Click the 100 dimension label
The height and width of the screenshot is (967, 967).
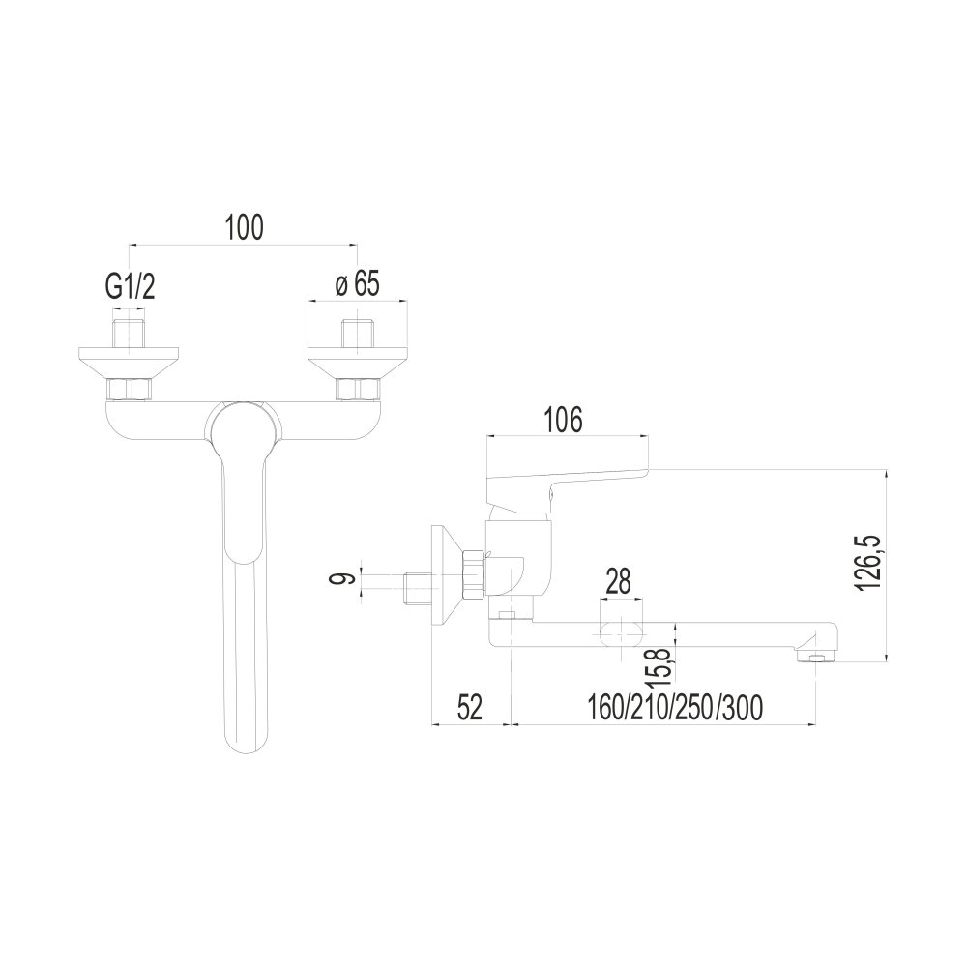pos(244,227)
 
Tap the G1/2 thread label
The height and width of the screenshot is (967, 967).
pos(131,286)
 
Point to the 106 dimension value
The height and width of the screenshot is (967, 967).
pos(562,421)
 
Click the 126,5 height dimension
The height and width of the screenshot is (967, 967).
pos(867,563)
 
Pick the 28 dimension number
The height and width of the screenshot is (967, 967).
pos(619,581)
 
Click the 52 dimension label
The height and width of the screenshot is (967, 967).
pos(470,708)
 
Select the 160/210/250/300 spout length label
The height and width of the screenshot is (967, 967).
pos(674,708)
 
